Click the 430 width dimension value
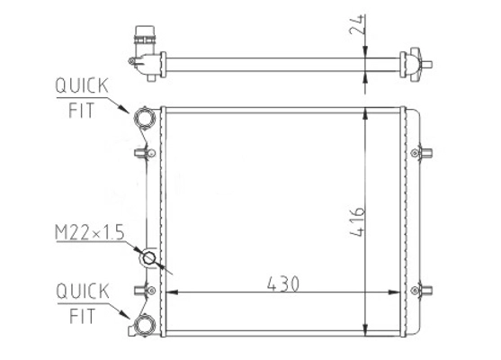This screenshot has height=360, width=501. point(283,283)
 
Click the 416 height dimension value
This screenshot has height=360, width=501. point(358,222)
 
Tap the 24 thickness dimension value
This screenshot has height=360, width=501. point(358,24)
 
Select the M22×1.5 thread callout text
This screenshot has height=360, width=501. point(90,232)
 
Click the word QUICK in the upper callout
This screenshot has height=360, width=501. point(82,85)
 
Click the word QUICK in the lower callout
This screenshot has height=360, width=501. point(83,292)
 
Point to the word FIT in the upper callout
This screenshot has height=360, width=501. point(82,111)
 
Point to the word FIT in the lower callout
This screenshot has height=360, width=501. point(83,316)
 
